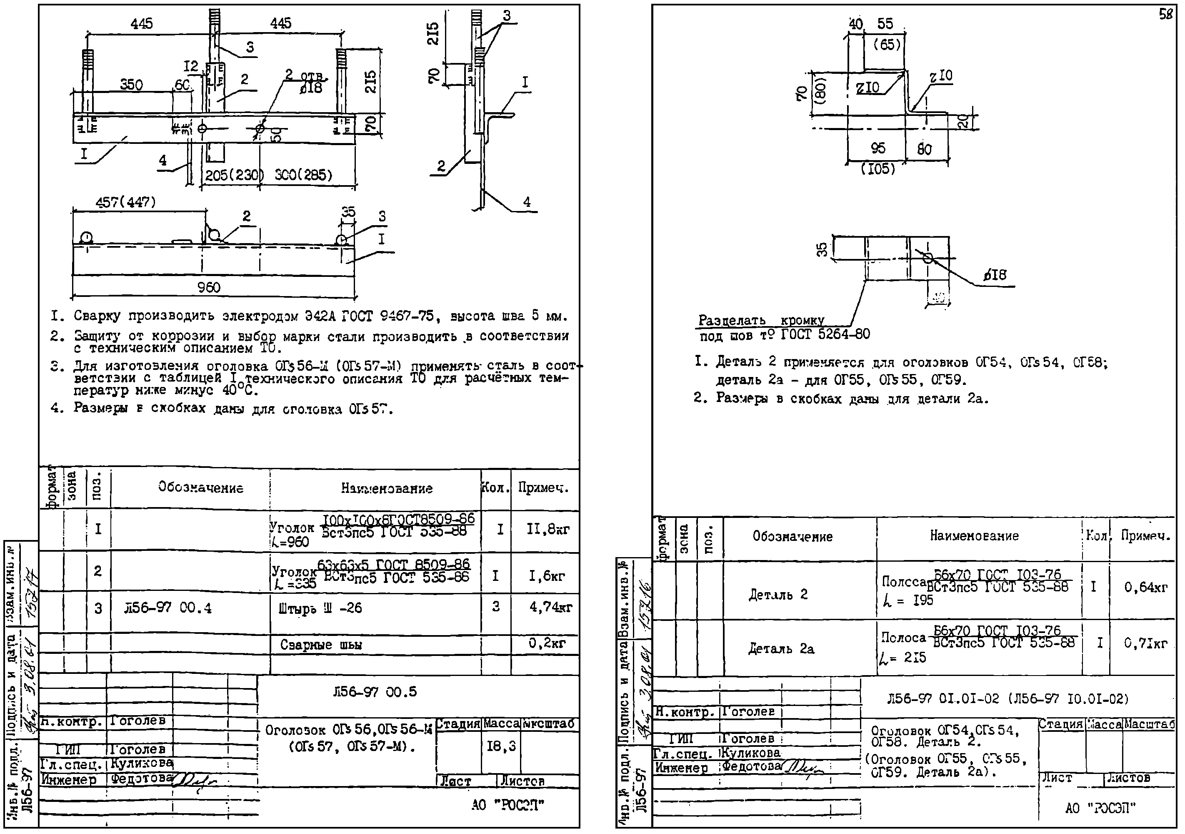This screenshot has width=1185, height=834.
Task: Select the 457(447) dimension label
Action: [x=125, y=202]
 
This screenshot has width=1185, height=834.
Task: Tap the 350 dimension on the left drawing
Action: [x=131, y=85]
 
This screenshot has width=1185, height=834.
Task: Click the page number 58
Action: [x=1165, y=15]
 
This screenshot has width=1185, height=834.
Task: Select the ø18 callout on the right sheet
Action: [x=995, y=275]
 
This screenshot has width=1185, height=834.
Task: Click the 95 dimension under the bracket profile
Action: [x=878, y=149]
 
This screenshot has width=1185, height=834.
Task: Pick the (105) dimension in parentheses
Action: [x=877, y=169]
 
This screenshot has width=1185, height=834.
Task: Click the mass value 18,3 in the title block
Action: [x=501, y=746]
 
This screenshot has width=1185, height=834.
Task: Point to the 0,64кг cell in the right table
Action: [x=1145, y=587]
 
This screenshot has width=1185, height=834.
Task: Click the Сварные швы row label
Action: [x=320, y=645]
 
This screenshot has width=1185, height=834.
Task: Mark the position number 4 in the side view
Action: [x=526, y=202]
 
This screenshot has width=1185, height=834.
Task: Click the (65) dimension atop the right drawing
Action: [x=887, y=45]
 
